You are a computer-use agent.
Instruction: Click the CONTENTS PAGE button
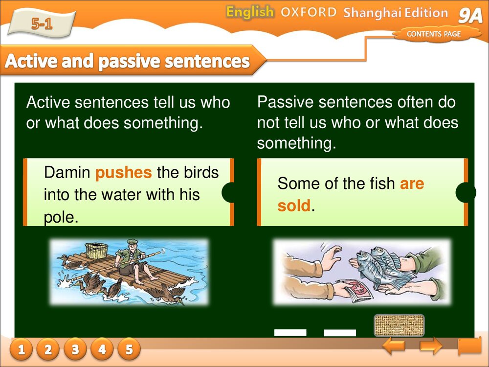(x=434, y=34)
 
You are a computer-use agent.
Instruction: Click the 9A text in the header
(x=470, y=16)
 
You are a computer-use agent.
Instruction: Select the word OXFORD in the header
(x=308, y=12)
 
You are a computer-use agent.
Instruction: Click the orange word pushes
(x=124, y=173)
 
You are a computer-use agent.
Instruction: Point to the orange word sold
(x=294, y=206)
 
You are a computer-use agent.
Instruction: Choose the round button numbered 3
(x=75, y=349)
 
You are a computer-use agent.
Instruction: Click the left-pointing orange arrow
(x=394, y=346)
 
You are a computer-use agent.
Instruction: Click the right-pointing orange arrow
(x=431, y=346)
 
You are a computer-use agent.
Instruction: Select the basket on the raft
(x=98, y=250)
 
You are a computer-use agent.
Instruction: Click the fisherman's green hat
(x=132, y=241)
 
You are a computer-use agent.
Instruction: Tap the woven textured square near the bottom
(x=399, y=325)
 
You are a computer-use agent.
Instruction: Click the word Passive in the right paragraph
(x=285, y=102)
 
